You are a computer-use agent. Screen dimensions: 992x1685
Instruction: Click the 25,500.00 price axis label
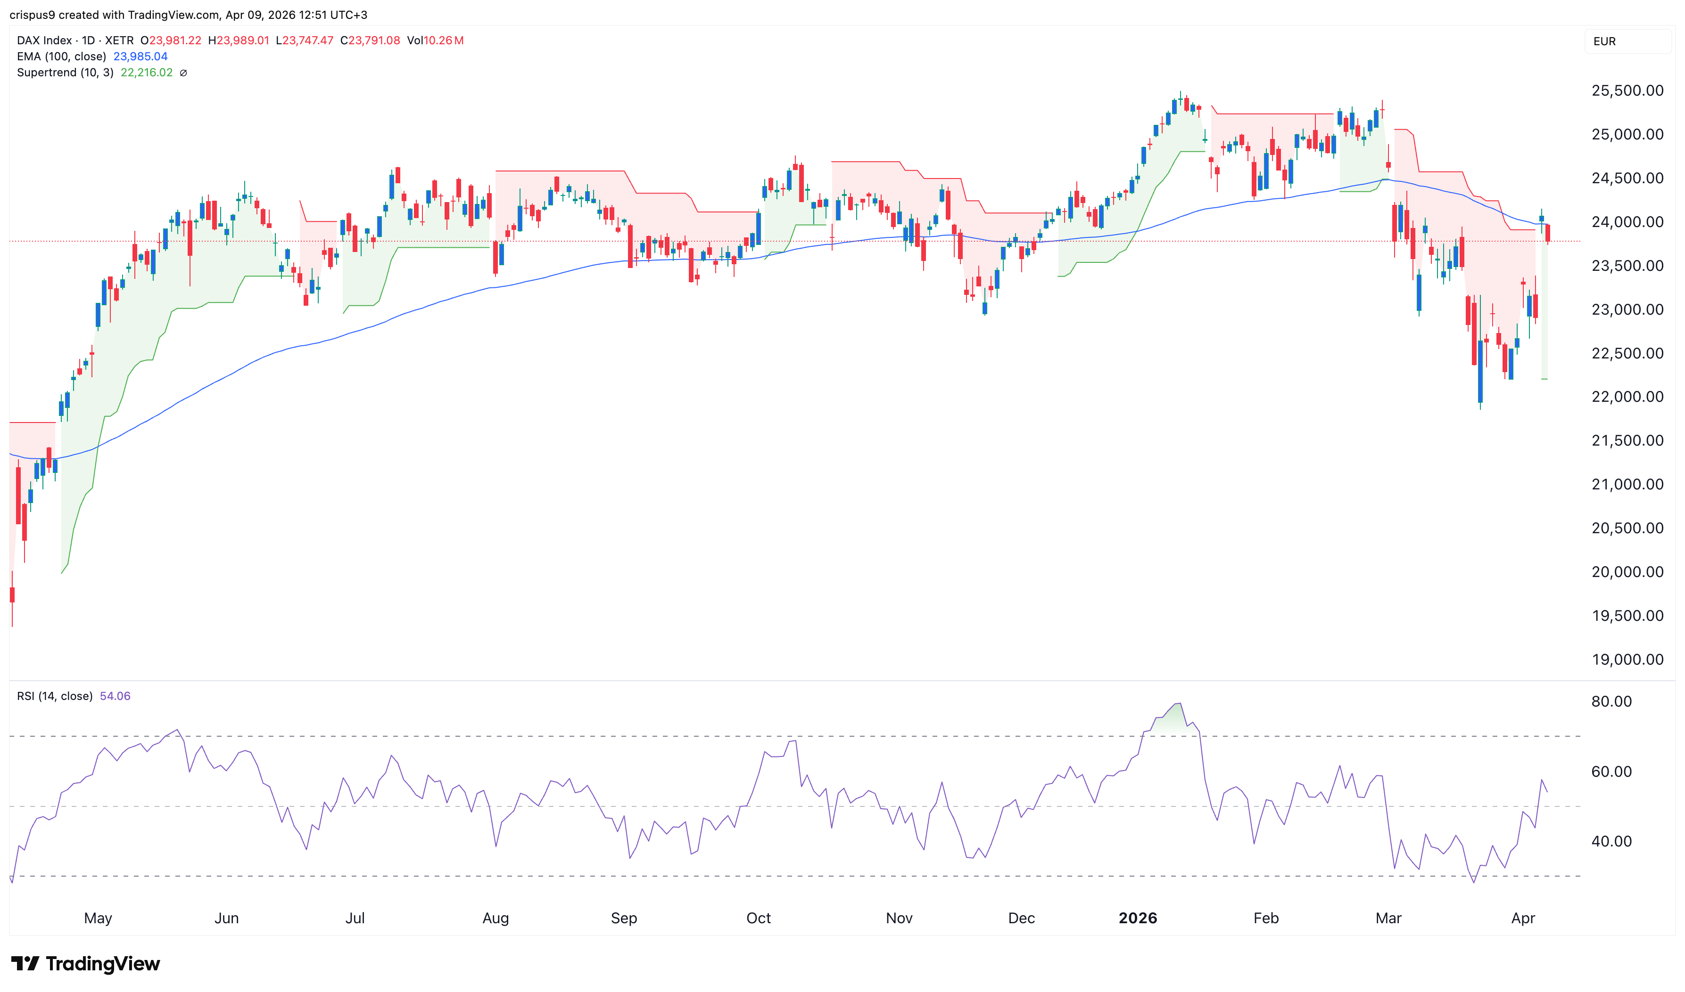[x=1627, y=91]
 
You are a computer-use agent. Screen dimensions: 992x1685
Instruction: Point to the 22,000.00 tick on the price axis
[x=1627, y=397]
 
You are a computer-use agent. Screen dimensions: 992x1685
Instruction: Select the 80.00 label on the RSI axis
[x=1611, y=702]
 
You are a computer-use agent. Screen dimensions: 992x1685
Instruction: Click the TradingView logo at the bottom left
[x=86, y=964]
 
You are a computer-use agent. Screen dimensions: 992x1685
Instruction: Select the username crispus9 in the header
[x=32, y=15]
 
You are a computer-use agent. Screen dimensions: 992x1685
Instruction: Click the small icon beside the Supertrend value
[x=183, y=73]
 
